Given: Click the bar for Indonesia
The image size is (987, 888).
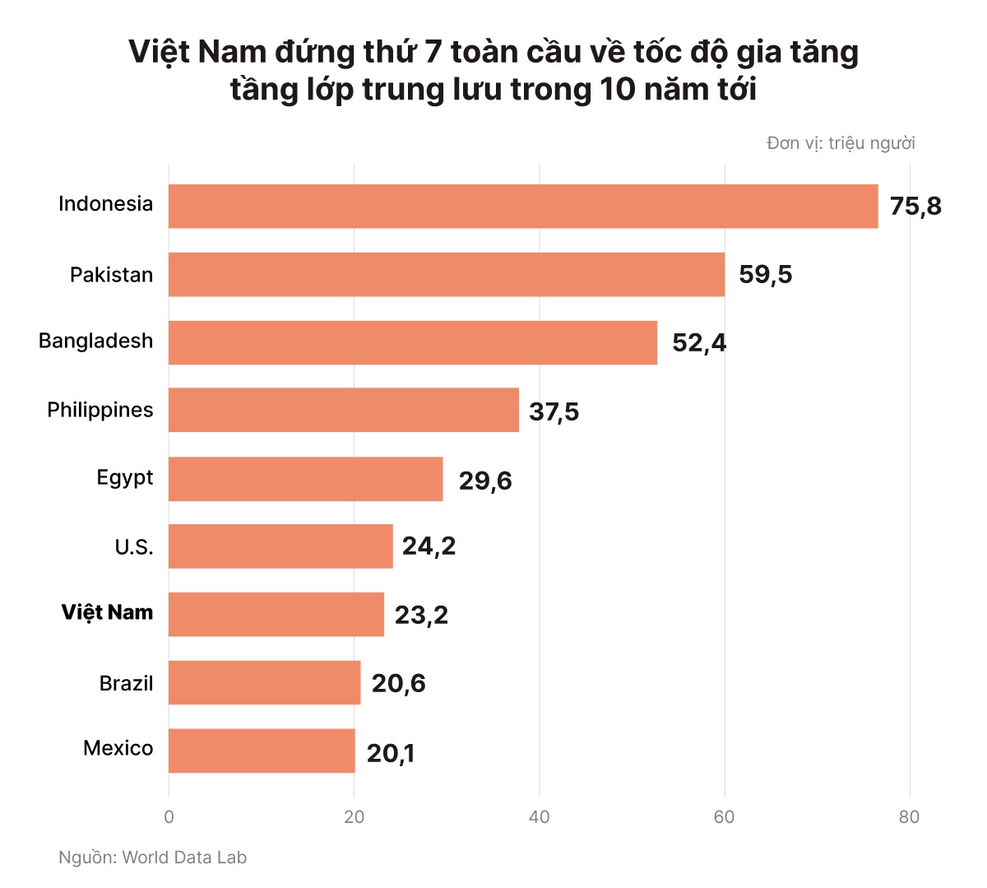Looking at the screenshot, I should click(x=523, y=206).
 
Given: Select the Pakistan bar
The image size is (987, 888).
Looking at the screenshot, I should click(x=447, y=274).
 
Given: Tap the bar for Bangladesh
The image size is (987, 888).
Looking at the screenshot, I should click(x=413, y=342).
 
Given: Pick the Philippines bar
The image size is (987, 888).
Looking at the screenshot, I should click(x=344, y=410).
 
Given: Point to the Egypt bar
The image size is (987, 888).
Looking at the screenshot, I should click(x=306, y=479).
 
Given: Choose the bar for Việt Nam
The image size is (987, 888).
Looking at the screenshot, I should click(x=276, y=614).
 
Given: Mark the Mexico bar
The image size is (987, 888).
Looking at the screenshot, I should click(x=262, y=751).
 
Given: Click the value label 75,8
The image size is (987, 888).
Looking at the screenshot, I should click(x=915, y=206).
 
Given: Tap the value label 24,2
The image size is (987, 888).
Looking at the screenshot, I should click(x=429, y=546).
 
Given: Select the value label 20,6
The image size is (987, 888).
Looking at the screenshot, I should click(x=398, y=683).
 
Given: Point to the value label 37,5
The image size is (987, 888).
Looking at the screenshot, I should click(x=554, y=411).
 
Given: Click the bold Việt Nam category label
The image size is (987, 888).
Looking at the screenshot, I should click(x=107, y=612).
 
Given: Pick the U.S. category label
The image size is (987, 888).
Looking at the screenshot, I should click(x=133, y=546).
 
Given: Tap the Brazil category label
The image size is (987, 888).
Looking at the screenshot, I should click(x=126, y=683).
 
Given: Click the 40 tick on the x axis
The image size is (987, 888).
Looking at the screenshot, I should click(x=540, y=817).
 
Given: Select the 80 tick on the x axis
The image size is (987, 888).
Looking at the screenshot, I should click(x=910, y=817).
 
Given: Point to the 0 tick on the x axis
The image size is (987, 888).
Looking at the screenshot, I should click(x=169, y=817).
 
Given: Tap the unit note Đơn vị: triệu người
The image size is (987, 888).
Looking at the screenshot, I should click(x=841, y=143).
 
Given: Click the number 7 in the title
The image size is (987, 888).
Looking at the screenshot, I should click(x=433, y=53).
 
